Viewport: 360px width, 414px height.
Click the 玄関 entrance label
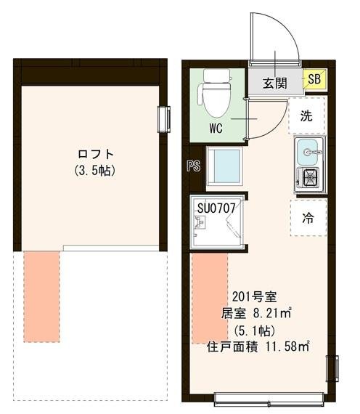274,82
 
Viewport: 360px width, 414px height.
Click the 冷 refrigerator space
307,218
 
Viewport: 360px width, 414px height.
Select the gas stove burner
310,176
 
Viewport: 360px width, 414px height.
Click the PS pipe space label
192,166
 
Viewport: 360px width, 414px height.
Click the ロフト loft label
96,155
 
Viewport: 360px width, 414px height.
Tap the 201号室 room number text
253,297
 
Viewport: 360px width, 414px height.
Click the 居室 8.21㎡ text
255,314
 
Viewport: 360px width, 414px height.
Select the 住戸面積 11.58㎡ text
255,346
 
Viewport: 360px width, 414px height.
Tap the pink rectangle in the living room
208,300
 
